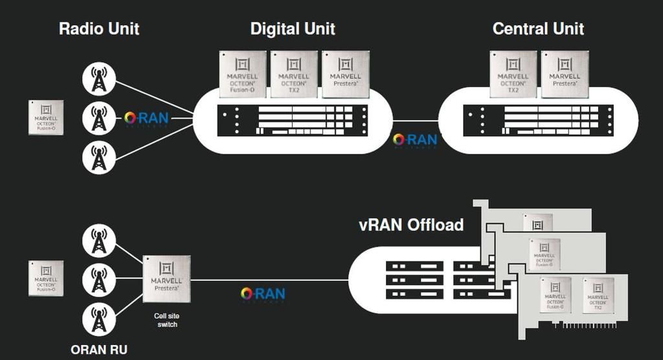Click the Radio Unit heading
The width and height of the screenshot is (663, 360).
pos(99,28)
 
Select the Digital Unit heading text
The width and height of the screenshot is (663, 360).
pos(293,28)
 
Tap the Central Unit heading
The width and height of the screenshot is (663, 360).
pos(538,28)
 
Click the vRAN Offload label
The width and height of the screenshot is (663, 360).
pos(411,225)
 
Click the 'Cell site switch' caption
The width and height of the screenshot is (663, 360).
pos(166,320)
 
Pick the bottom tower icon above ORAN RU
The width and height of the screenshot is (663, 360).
pos(98,319)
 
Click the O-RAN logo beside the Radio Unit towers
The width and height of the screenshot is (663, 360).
pos(146,119)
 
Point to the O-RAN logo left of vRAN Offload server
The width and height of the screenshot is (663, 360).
pos(262,295)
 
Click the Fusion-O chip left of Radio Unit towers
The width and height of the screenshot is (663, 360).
pos(46,117)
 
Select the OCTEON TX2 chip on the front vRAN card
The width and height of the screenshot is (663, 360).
pos(598,295)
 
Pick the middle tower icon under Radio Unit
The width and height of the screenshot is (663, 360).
pos(98,118)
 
